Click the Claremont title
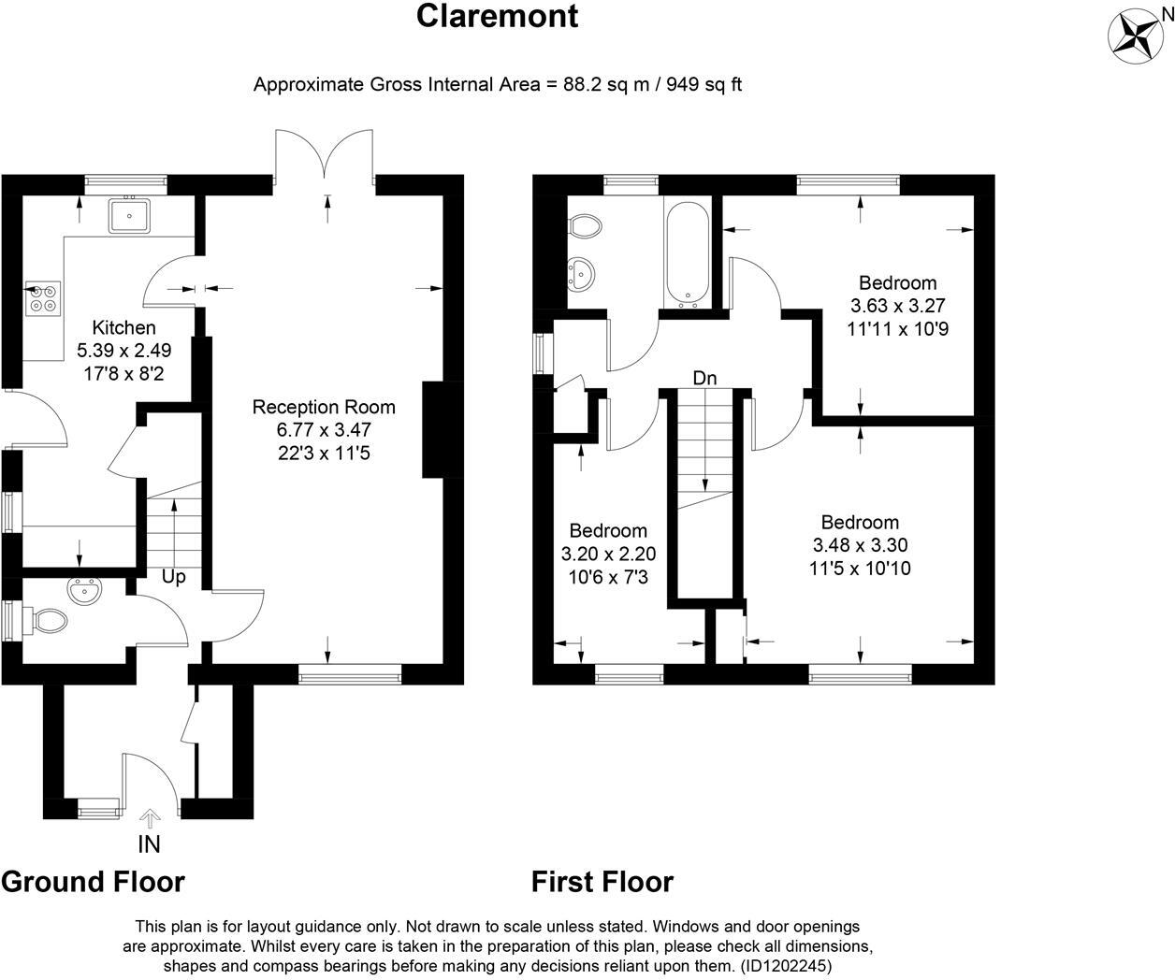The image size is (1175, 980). pyautogui.click(x=497, y=16)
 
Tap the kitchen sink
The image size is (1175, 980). pyautogui.click(x=129, y=216)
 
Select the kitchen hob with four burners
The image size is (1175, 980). pyautogui.click(x=42, y=297)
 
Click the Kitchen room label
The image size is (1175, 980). pyautogui.click(x=123, y=327)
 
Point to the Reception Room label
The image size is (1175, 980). pyautogui.click(x=324, y=407)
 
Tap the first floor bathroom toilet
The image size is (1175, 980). pyautogui.click(x=586, y=226)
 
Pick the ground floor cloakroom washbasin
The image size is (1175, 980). pyautogui.click(x=85, y=591)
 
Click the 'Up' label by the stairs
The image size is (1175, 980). pyautogui.click(x=174, y=577)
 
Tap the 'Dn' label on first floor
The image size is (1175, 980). pyautogui.click(x=704, y=378)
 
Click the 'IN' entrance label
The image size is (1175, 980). pyautogui.click(x=149, y=844)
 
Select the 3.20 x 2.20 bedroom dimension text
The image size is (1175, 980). pyautogui.click(x=609, y=554)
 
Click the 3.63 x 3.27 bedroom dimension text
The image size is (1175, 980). pyautogui.click(x=898, y=306)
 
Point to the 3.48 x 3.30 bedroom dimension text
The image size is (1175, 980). pyautogui.click(x=860, y=545)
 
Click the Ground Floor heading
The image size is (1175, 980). pyautogui.click(x=94, y=881)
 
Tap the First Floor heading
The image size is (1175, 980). pyautogui.click(x=602, y=881)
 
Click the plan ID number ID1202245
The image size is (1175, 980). pyautogui.click(x=785, y=965)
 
